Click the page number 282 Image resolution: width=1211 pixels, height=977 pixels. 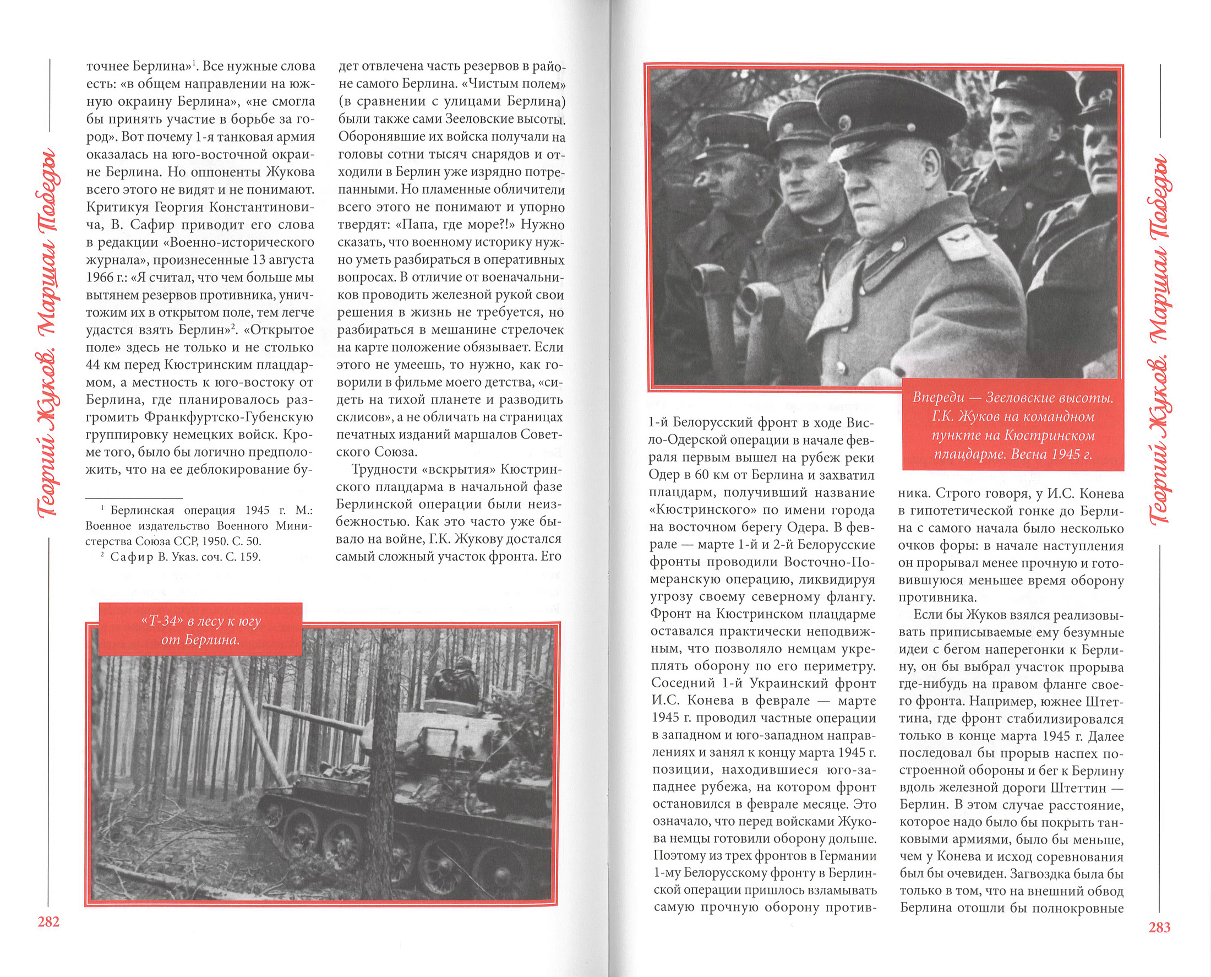coord(48,922)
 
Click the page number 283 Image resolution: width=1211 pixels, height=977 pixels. coord(1159,927)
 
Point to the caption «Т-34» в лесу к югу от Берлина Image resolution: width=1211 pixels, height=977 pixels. coord(200,631)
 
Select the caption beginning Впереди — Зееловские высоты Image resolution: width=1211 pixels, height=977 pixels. coord(1012,426)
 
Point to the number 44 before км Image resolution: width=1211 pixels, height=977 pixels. coord(94,365)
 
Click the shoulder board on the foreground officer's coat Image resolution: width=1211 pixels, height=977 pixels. coord(963,242)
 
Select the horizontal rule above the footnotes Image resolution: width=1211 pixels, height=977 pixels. coord(134,498)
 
